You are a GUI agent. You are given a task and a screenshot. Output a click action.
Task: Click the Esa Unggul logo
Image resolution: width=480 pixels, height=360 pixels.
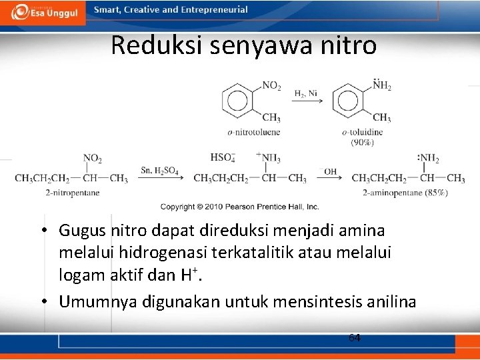(43, 12)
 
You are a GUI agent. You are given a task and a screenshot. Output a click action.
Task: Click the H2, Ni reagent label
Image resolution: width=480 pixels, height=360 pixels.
(306, 93)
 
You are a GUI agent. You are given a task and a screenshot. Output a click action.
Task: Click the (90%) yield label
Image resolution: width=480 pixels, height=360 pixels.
(362, 142)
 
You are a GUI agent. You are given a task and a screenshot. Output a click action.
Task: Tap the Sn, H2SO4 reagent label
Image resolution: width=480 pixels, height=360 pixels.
(159, 171)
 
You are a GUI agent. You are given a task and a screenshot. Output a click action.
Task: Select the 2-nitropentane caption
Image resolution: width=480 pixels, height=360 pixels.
(73, 193)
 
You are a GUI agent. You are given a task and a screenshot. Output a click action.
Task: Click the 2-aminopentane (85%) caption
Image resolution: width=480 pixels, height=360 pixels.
(405, 193)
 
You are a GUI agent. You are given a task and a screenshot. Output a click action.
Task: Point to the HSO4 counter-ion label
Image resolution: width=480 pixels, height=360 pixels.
(222, 158)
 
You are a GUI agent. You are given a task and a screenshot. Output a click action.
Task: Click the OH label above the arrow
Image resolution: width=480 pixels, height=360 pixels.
(331, 171)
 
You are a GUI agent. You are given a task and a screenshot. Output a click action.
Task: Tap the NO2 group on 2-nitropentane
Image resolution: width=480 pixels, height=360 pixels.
(92, 159)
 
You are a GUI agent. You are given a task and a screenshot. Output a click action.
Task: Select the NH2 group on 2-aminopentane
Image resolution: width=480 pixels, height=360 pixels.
(428, 159)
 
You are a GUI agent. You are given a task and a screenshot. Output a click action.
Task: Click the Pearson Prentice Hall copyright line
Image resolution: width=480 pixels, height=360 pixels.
(239, 207)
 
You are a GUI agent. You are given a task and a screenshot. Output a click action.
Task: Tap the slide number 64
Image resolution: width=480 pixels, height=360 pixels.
(355, 338)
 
